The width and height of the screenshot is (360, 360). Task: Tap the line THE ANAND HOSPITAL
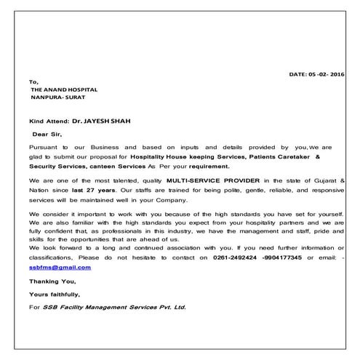point(63,89)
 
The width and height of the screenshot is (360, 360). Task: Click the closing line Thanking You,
point(51,281)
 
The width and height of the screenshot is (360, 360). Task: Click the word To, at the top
point(33,81)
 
